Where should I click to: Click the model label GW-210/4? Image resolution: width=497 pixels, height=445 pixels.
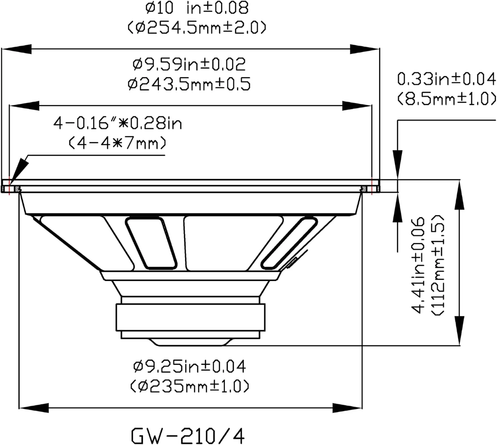pyautogui.click(x=188, y=435)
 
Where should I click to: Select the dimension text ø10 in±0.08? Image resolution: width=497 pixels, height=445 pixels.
pyautogui.click(x=197, y=8)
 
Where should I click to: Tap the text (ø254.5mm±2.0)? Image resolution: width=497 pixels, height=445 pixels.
pyautogui.click(x=197, y=28)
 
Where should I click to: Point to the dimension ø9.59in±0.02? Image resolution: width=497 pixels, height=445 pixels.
pyautogui.click(x=189, y=64)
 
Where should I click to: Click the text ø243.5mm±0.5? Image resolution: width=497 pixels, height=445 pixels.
pyautogui.click(x=189, y=84)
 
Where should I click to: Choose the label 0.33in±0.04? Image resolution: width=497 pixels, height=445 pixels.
pyautogui.click(x=446, y=79)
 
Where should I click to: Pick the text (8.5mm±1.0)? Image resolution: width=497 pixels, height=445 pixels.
pyautogui.click(x=446, y=99)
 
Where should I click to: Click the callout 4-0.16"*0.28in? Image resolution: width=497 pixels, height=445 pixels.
pyautogui.click(x=118, y=124)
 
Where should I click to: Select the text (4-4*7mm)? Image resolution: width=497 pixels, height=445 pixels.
pyautogui.click(x=118, y=143)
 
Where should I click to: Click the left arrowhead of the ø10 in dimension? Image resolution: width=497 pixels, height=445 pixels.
pyautogui.click(x=17, y=49)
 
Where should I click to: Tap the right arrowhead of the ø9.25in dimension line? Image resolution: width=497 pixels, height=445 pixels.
pyautogui.click(x=348, y=408)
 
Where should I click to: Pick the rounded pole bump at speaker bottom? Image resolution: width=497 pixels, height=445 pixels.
pyautogui.click(x=190, y=342)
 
